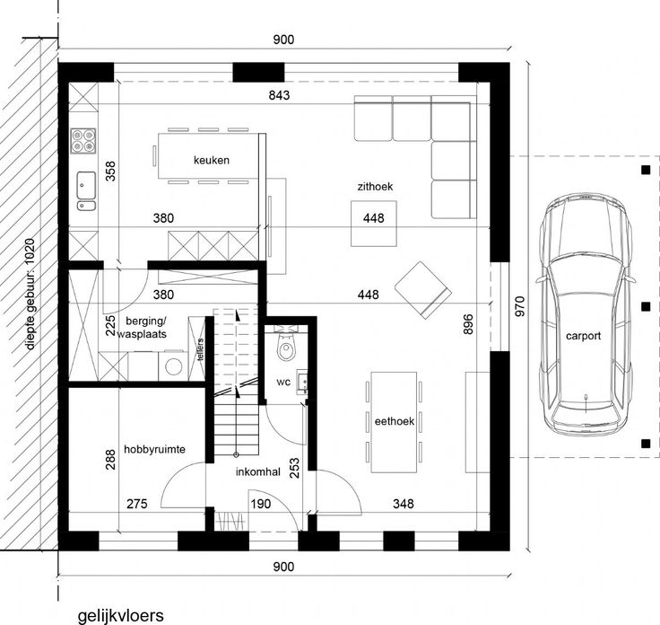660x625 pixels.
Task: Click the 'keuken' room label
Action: pyautogui.click(x=212, y=160)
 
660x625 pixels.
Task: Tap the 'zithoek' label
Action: pyautogui.click(x=375, y=186)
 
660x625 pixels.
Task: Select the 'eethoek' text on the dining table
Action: pyautogui.click(x=395, y=421)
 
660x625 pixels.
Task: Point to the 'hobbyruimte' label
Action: pyautogui.click(x=154, y=449)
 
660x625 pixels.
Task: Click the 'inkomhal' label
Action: pyautogui.click(x=258, y=471)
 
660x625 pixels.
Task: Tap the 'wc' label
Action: pyautogui.click(x=283, y=383)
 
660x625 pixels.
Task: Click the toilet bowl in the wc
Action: pyautogui.click(x=286, y=348)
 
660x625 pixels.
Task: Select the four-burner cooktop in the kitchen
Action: pyautogui.click(x=82, y=140)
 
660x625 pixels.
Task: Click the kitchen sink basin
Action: pyautogui.click(x=86, y=185)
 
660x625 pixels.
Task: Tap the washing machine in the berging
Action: pyautogui.click(x=173, y=366)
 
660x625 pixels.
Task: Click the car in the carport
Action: pyautogui.click(x=585, y=314)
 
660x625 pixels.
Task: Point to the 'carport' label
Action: pyautogui.click(x=583, y=336)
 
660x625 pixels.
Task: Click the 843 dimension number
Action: pyautogui.click(x=279, y=95)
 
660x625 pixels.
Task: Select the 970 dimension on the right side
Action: pyautogui.click(x=520, y=307)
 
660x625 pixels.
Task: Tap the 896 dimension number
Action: pyautogui.click(x=467, y=324)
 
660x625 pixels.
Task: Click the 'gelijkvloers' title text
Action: pyautogui.click(x=121, y=616)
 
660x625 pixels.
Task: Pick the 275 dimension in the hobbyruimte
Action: pyautogui.click(x=137, y=504)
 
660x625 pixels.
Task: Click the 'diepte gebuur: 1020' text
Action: pyautogui.click(x=30, y=295)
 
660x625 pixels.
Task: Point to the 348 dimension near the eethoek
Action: pyautogui.click(x=404, y=503)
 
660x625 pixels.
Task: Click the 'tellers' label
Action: pyautogui.click(x=200, y=349)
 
